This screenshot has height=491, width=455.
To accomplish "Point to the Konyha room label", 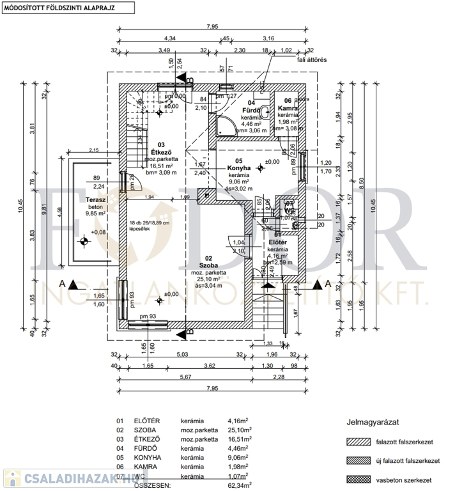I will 239,169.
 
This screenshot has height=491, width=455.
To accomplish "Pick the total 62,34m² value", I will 239,485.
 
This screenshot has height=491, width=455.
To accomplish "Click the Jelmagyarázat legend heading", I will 373,423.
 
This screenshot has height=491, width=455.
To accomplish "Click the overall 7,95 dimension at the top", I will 212,27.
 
